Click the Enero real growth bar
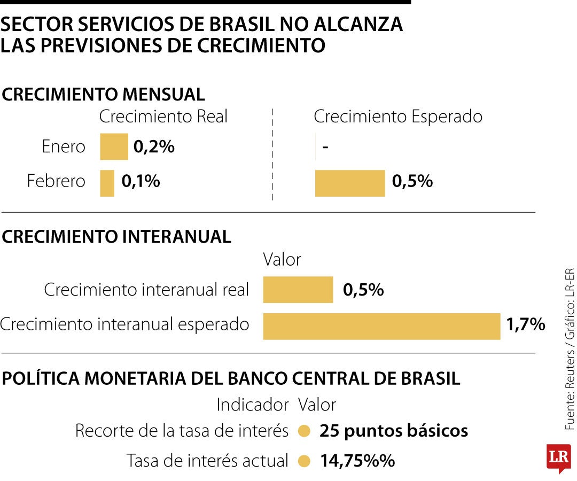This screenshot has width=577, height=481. (114, 146)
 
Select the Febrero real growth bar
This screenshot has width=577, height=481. (107, 183)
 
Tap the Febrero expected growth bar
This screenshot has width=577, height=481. (350, 183)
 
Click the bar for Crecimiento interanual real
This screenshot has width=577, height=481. (298, 290)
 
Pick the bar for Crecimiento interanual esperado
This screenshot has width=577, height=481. (381, 326)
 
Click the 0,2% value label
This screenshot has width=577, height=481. (154, 147)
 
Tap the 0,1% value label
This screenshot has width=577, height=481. (141, 181)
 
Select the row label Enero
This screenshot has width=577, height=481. (64, 147)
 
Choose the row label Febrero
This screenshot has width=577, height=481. (56, 181)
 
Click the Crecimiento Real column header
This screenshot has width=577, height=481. (163, 117)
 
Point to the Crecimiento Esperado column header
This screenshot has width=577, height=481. (398, 117)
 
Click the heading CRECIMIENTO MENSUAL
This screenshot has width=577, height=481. (104, 95)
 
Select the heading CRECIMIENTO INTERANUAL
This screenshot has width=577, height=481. (116, 237)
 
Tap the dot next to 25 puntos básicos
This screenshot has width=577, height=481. (305, 431)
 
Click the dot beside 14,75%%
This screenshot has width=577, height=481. (305, 461)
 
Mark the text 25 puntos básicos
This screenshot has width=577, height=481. (394, 431)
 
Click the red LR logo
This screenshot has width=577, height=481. (558, 457)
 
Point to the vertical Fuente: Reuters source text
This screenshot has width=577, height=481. (570, 348)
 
